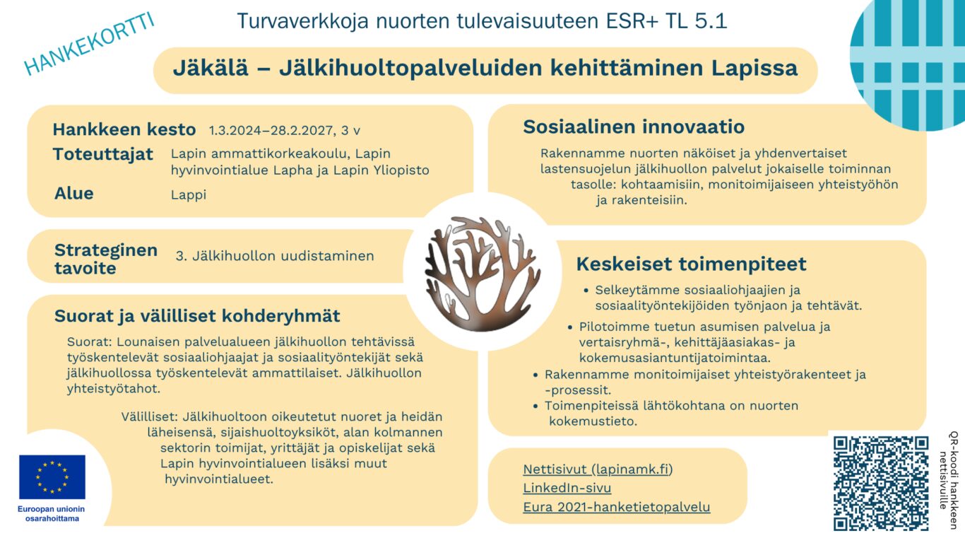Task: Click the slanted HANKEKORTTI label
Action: [x=89, y=44]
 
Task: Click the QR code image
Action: [x=880, y=483]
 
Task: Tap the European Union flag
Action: [x=52, y=477]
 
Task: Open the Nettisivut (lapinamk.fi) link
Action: [x=598, y=469]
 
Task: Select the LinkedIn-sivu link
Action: [x=567, y=488]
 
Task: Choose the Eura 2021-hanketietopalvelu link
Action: [x=616, y=507]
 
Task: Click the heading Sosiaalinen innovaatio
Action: [x=633, y=127]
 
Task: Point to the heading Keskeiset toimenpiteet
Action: [x=691, y=264]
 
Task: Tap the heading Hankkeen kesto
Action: [x=124, y=130]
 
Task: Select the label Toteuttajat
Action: [x=102, y=155]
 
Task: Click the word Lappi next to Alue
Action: [x=189, y=194]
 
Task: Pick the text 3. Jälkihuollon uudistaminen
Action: [x=275, y=256]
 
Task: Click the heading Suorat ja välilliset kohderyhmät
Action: [x=197, y=316]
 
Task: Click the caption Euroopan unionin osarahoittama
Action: [x=52, y=514]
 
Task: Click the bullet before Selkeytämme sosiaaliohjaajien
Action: [x=586, y=291]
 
